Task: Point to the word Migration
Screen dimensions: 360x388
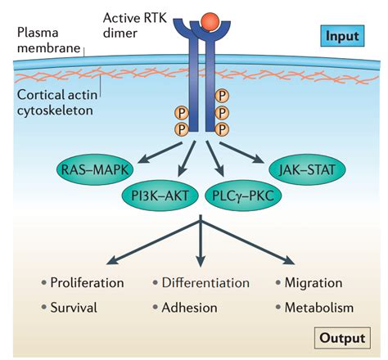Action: pyautogui.click(x=313, y=283)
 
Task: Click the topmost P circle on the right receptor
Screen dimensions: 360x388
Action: pyautogui.click(x=221, y=96)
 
